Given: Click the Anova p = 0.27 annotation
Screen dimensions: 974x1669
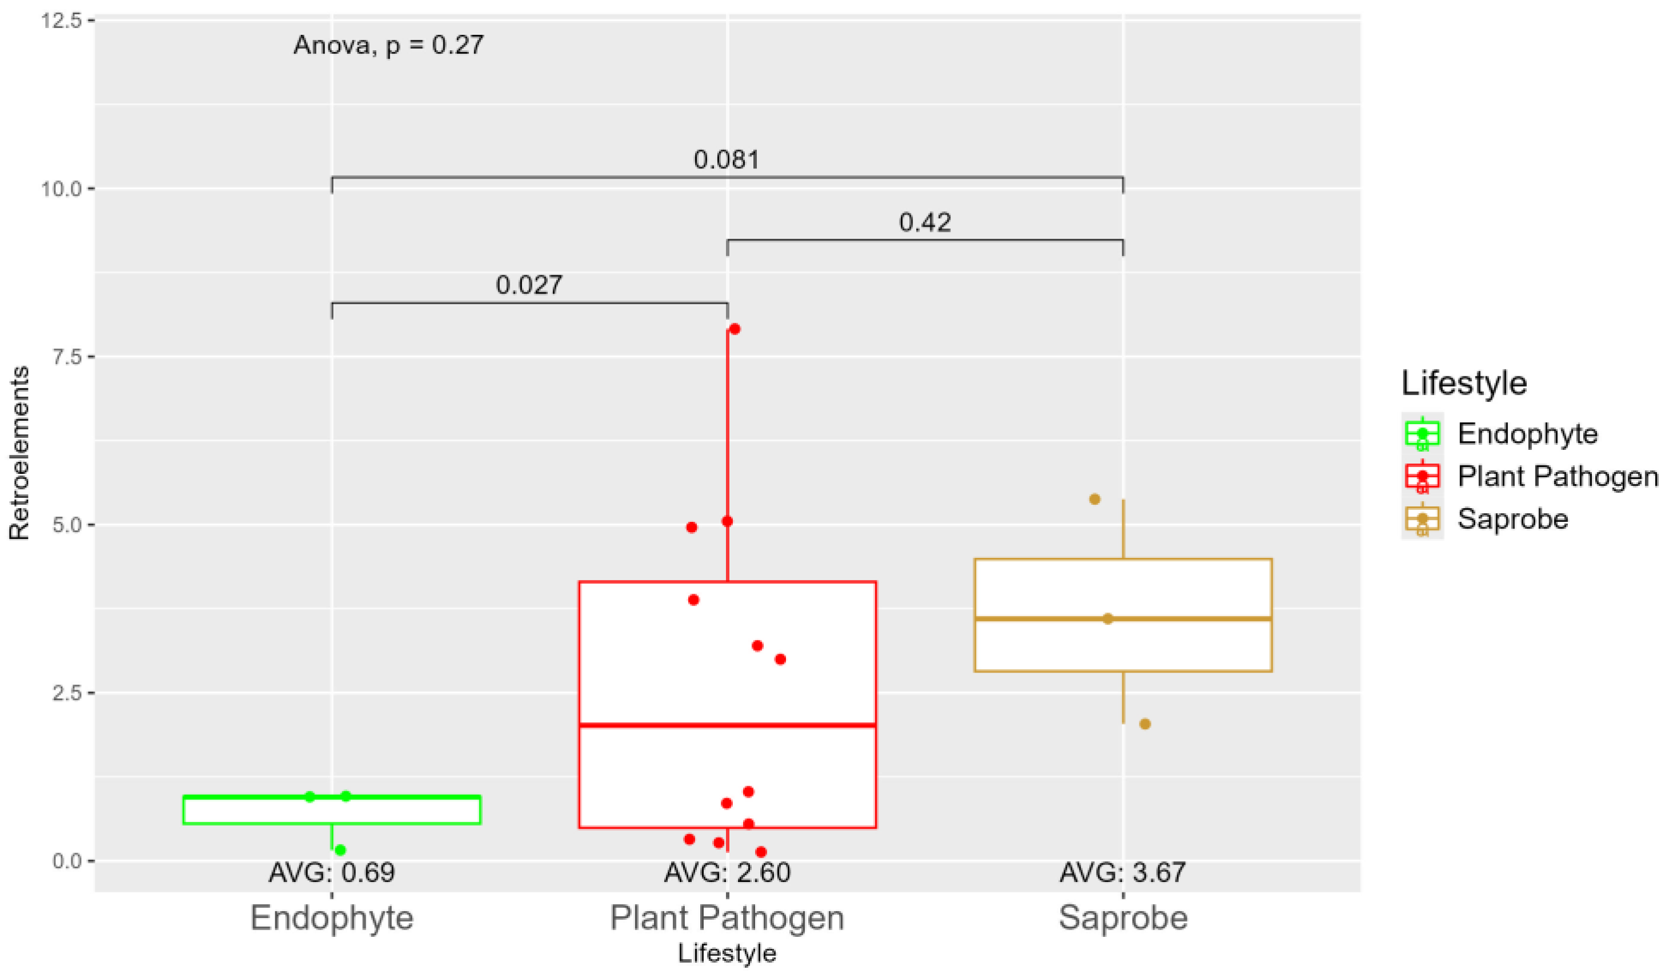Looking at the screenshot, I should [x=389, y=45].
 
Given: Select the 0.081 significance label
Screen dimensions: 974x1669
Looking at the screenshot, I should [x=726, y=160].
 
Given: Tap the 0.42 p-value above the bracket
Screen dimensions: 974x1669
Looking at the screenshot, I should [x=925, y=223].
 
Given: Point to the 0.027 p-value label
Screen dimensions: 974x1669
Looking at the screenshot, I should [x=528, y=285].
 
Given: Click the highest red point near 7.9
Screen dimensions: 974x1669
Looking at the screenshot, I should [x=734, y=329].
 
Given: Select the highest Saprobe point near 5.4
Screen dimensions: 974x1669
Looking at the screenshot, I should [x=1095, y=499].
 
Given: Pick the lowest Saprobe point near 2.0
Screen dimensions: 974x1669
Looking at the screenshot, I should [x=1145, y=724].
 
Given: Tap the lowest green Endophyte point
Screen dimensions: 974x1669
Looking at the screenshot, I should [x=340, y=850].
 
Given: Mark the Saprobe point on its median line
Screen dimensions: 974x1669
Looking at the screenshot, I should [x=1108, y=619].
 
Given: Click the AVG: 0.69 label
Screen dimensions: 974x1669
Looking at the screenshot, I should [x=332, y=873].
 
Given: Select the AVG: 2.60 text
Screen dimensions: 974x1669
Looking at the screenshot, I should [x=727, y=873].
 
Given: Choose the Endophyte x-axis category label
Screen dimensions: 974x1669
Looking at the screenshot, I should [x=332, y=917].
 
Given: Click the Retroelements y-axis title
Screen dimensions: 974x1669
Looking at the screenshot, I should [x=19, y=453].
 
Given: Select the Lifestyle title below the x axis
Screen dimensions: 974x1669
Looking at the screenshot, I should [x=727, y=953].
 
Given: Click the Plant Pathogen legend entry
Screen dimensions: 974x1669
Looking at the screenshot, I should [x=1557, y=477].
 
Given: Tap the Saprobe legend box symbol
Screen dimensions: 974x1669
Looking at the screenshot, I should [x=1422, y=519].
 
